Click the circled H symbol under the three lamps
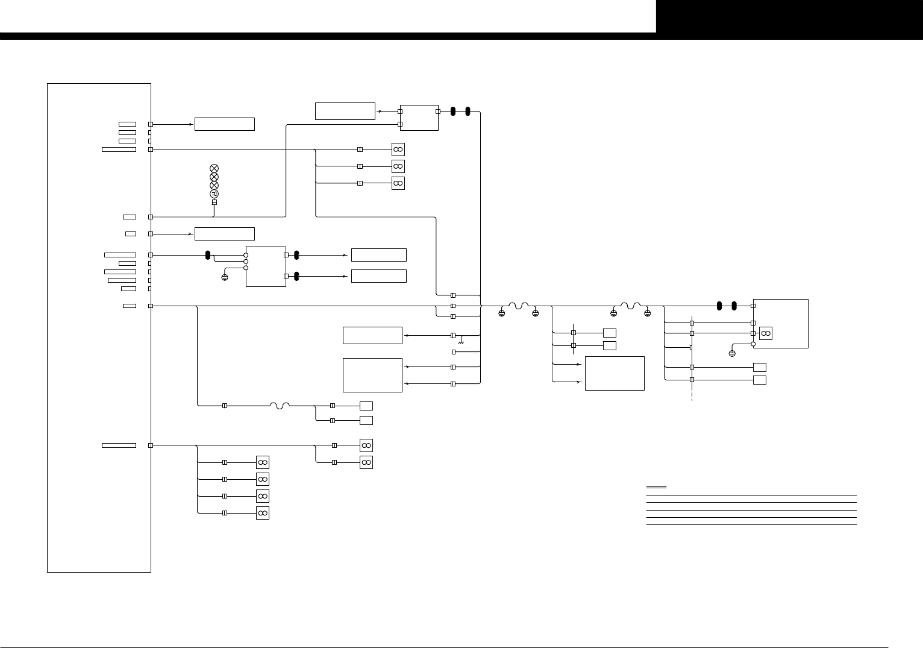214,193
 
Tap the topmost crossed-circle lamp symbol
214,168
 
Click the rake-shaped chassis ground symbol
461,342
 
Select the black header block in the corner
789,16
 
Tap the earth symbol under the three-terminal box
225,278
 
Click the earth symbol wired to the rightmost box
732,353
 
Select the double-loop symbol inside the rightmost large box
766,333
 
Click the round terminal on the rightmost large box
753,344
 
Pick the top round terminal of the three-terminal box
246,255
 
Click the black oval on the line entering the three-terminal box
208,255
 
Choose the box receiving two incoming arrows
615,373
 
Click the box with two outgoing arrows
372,375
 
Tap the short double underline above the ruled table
656,487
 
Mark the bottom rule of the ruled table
751,524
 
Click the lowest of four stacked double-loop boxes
262,513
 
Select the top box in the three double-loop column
398,149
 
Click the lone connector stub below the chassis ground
454,351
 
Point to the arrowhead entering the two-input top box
379,112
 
